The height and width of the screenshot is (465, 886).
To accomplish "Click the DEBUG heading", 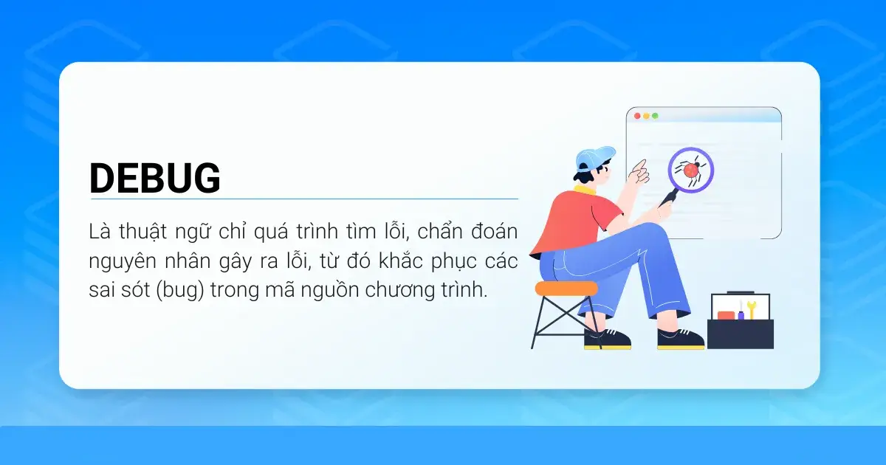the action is pos(154,178).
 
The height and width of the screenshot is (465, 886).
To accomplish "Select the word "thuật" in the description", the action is pos(142,232).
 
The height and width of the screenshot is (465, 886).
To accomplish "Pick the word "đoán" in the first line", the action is pos(494,231).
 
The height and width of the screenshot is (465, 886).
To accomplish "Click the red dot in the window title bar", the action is pos(637,116).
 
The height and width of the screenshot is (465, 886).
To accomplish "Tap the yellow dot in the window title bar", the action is pos(646,116).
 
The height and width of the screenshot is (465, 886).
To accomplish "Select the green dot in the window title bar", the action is pos(655,116).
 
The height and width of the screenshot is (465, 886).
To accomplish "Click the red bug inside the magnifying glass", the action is pos(690,170).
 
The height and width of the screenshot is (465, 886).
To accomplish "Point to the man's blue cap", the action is pos(594,157).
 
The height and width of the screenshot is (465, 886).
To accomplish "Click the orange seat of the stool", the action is pos(566,289).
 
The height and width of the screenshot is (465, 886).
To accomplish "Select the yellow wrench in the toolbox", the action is pos(751,309).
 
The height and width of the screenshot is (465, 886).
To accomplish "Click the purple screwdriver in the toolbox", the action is pos(741,311).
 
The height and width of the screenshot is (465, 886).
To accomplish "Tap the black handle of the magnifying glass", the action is pos(668,199).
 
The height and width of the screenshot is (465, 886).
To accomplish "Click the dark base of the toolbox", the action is pos(740,334).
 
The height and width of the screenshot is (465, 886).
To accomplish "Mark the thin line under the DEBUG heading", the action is pos(304,199).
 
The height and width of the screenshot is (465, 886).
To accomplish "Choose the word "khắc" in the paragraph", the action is pos(401,261).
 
